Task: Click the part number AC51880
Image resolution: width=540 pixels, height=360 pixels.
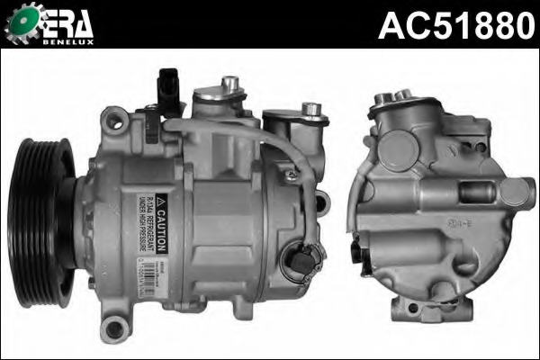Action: [x=455, y=24]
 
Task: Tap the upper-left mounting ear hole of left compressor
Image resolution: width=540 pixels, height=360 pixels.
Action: [x=112, y=117]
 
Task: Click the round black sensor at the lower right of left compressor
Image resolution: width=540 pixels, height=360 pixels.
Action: [x=300, y=262]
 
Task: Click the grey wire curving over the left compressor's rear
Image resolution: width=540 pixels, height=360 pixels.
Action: [x=270, y=144]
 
